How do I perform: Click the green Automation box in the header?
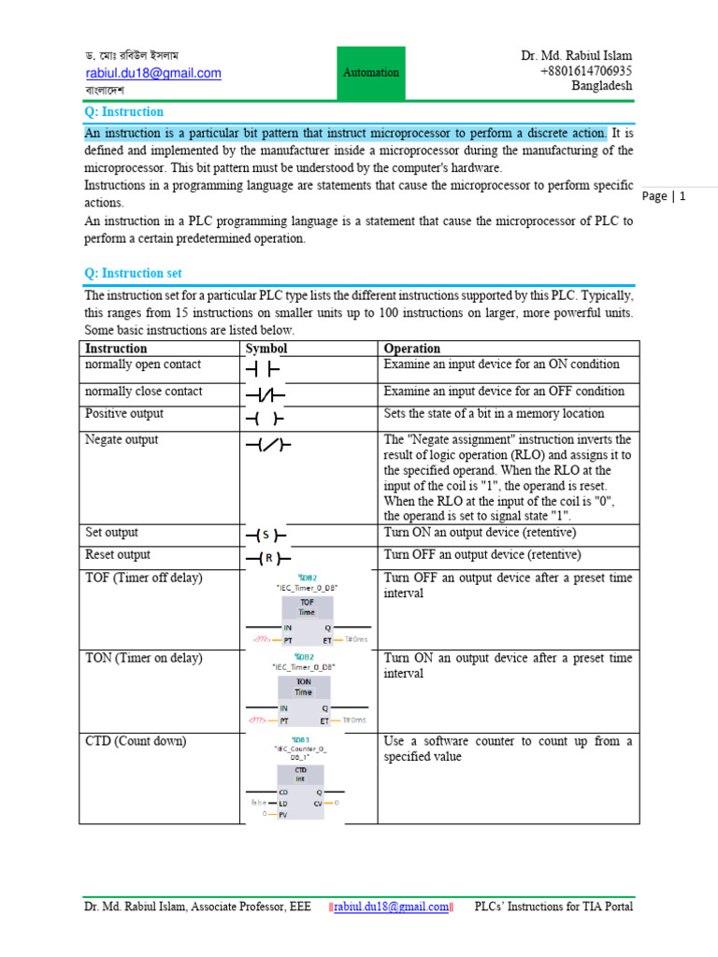coord(371,73)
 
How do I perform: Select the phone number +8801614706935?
coord(585,71)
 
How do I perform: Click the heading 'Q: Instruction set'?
coord(134,273)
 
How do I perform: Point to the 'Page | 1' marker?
coord(665,196)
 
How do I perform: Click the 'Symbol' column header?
coord(266,349)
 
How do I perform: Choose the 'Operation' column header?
coord(412,349)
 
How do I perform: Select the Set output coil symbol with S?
coord(266,536)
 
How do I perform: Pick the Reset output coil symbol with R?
coord(266,559)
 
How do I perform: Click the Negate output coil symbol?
coord(267,446)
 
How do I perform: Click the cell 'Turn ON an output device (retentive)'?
coord(481,533)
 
